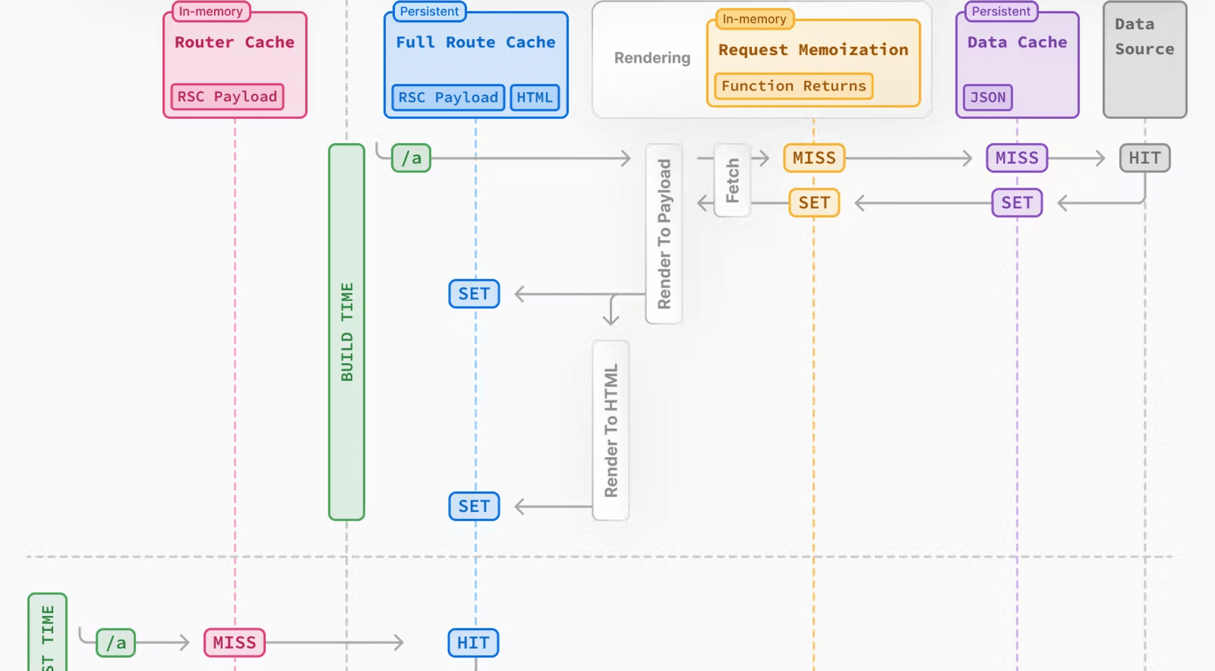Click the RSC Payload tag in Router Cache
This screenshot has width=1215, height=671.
tap(227, 97)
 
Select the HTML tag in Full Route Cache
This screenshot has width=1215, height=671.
tap(535, 97)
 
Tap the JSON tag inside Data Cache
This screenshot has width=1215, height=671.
tap(988, 97)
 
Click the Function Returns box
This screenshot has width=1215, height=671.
tap(794, 86)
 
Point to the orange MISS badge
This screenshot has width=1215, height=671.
tap(814, 158)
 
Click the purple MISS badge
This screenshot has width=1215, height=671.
tap(1017, 158)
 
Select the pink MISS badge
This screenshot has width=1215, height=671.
tap(234, 643)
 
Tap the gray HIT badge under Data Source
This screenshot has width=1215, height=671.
tap(1145, 158)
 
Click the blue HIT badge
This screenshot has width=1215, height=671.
tap(473, 643)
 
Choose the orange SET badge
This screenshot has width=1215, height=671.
tap(814, 203)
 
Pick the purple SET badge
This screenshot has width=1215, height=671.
tap(1017, 203)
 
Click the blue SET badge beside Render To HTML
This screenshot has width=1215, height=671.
tap(474, 507)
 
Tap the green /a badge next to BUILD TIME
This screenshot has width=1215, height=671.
tap(411, 158)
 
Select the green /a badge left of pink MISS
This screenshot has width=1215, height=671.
tap(116, 643)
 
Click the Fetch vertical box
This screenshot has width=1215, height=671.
tap(732, 181)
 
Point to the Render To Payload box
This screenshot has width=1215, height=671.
tap(664, 234)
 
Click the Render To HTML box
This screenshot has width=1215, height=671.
tap(611, 430)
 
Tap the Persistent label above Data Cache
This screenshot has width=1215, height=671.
tap(1001, 11)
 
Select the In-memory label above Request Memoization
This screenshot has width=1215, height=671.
tap(754, 19)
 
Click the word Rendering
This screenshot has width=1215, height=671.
tap(652, 58)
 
